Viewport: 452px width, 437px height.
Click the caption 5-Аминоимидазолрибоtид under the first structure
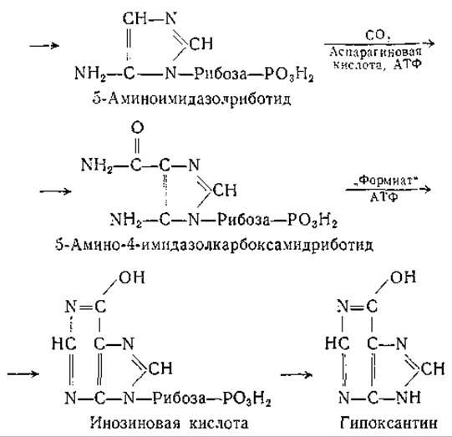(x=191, y=99)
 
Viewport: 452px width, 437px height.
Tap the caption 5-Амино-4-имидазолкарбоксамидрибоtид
(x=214, y=245)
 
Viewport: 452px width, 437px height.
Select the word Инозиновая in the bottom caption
(x=135, y=423)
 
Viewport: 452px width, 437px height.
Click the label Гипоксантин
(x=389, y=423)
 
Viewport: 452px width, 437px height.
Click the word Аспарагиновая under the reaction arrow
(x=375, y=52)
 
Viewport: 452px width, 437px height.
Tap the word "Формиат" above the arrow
(x=385, y=180)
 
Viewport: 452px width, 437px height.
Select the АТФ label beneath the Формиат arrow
(x=383, y=197)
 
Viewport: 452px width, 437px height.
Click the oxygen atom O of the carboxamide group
(x=137, y=128)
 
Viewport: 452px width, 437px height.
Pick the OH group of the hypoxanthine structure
(x=403, y=277)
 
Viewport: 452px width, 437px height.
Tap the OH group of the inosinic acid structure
(x=132, y=277)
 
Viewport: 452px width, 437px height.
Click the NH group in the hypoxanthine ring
(x=409, y=397)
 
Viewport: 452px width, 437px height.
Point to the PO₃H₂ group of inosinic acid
(x=246, y=398)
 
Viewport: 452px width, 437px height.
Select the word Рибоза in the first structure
(x=221, y=74)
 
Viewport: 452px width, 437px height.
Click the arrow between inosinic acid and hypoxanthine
(x=297, y=374)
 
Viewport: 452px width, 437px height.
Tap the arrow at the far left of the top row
(x=44, y=46)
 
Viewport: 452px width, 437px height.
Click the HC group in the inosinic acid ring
(x=64, y=343)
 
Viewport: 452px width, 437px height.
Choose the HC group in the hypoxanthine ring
(x=338, y=343)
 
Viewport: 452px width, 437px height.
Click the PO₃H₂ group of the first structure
(x=289, y=74)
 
